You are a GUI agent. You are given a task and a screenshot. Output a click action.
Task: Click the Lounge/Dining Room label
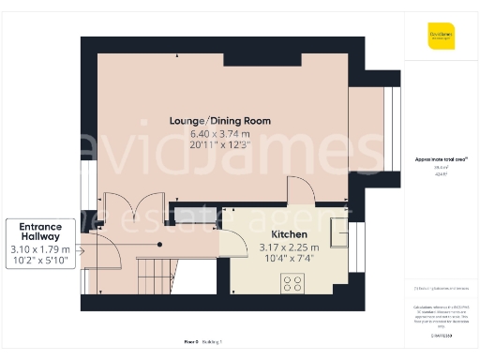tap(220, 121)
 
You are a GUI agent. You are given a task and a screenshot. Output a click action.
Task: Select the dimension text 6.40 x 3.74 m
tap(220, 134)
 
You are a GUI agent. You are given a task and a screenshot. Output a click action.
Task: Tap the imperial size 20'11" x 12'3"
tap(220, 145)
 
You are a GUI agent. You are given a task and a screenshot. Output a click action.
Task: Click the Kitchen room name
tap(289, 235)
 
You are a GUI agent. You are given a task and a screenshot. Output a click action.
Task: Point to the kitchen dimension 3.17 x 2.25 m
tap(289, 247)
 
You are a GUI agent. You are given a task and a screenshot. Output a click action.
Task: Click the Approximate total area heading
tap(441, 159)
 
